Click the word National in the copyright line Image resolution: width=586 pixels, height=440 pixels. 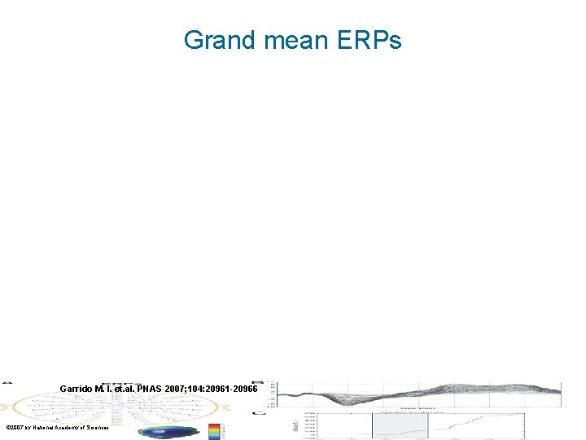pyautogui.click(x=50, y=427)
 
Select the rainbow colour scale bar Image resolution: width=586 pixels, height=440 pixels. pyautogui.click(x=214, y=430)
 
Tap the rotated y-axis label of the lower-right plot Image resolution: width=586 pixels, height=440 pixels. pyautogui.click(x=295, y=426)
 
